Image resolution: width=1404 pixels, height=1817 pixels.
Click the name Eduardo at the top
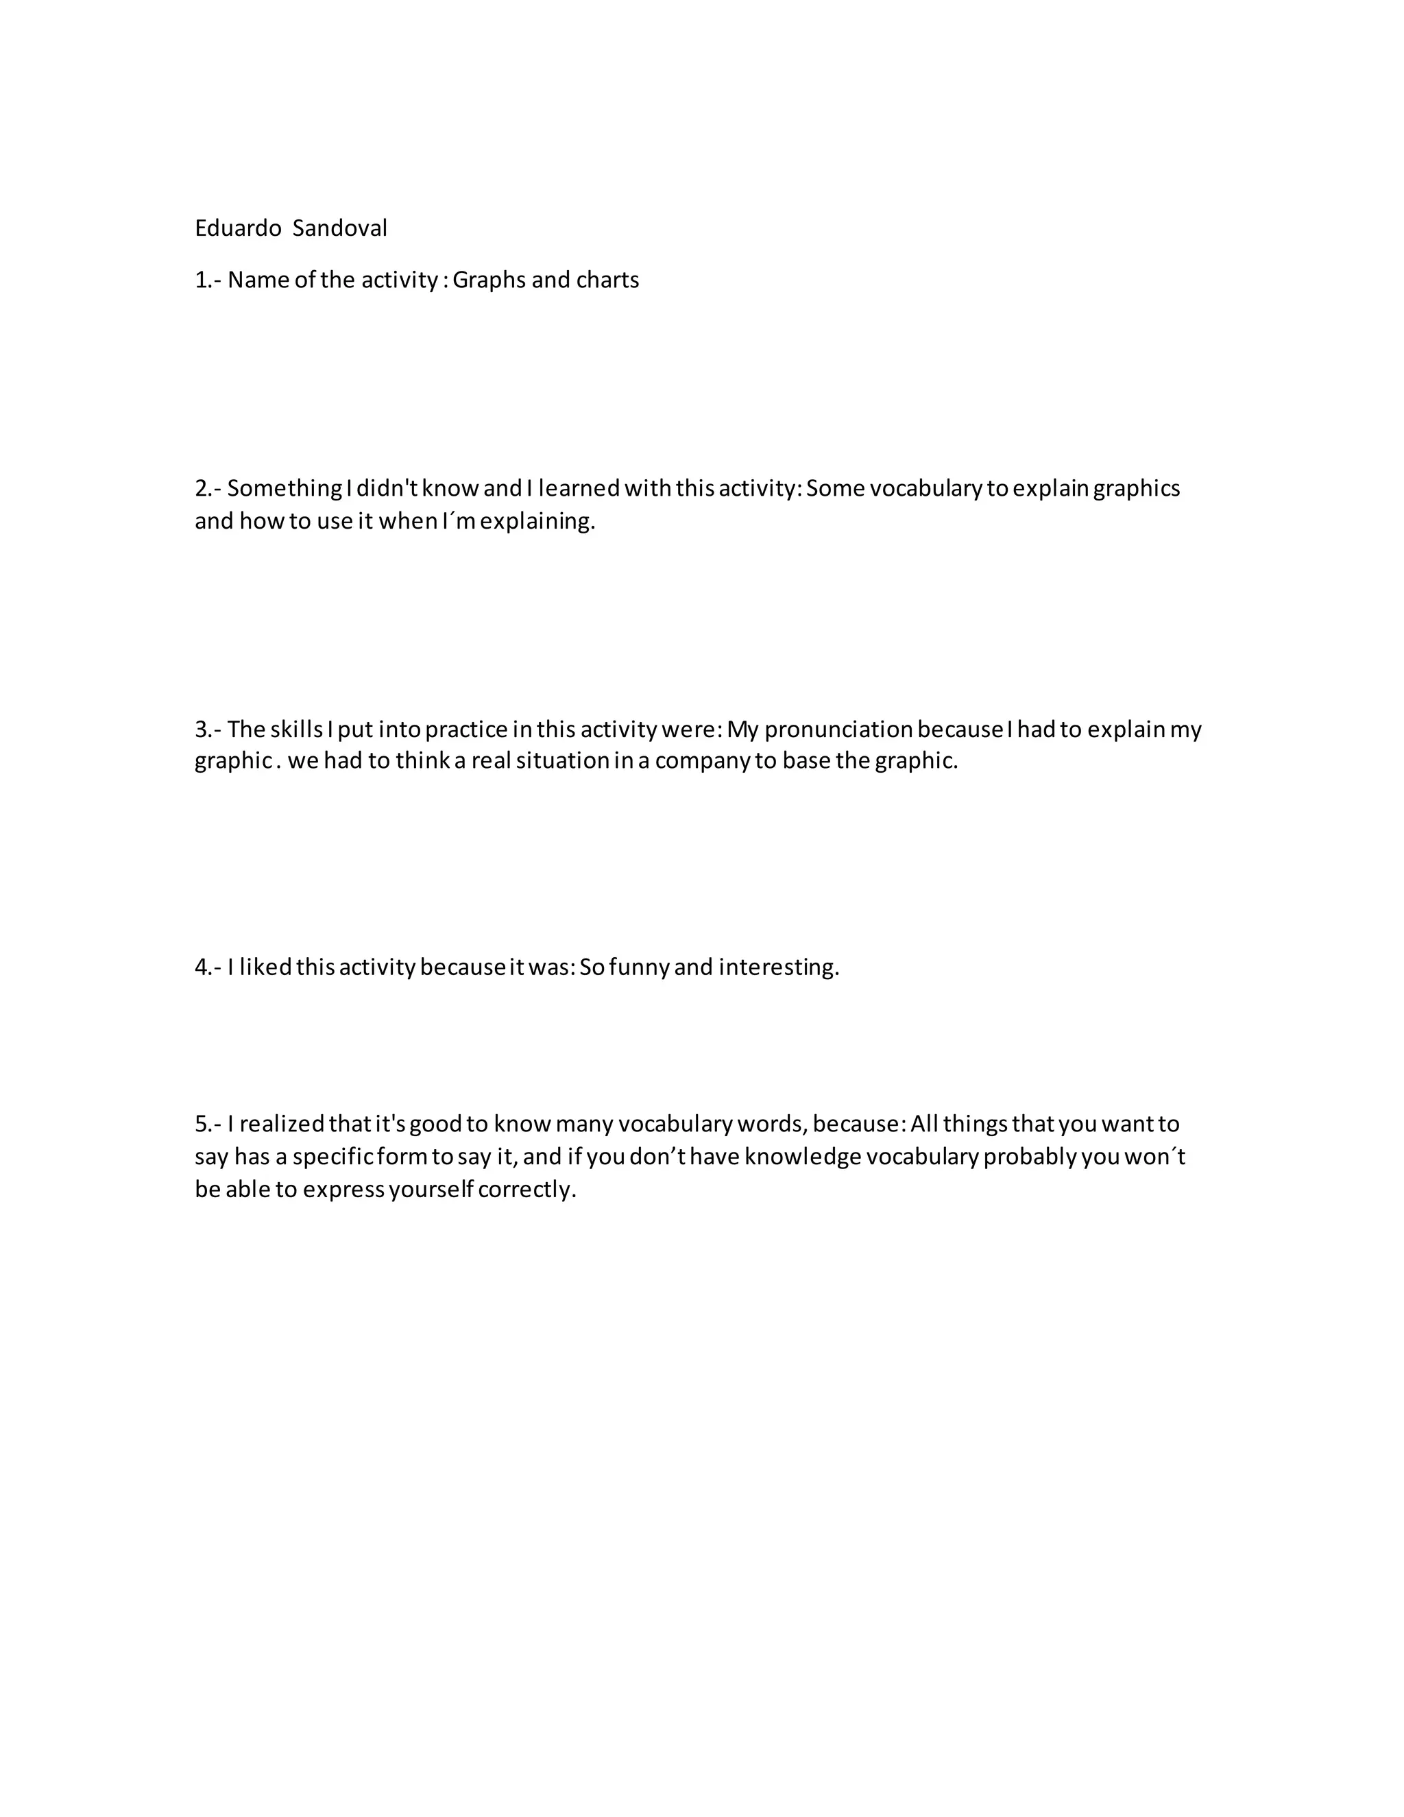(x=238, y=228)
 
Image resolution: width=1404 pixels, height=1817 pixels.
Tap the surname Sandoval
(x=339, y=228)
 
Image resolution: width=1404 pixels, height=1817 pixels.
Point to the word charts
(x=607, y=280)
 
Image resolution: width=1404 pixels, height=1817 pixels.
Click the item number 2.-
(x=208, y=488)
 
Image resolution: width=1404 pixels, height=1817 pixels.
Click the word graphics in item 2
(x=1136, y=488)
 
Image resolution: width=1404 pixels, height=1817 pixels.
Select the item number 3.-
(x=208, y=730)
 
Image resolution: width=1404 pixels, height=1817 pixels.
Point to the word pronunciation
(x=838, y=730)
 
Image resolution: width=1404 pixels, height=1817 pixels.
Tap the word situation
(x=563, y=761)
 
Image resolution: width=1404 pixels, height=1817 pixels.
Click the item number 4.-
(x=208, y=967)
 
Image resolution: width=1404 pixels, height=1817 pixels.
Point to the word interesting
(x=779, y=967)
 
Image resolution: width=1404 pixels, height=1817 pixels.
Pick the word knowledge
(x=803, y=1157)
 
